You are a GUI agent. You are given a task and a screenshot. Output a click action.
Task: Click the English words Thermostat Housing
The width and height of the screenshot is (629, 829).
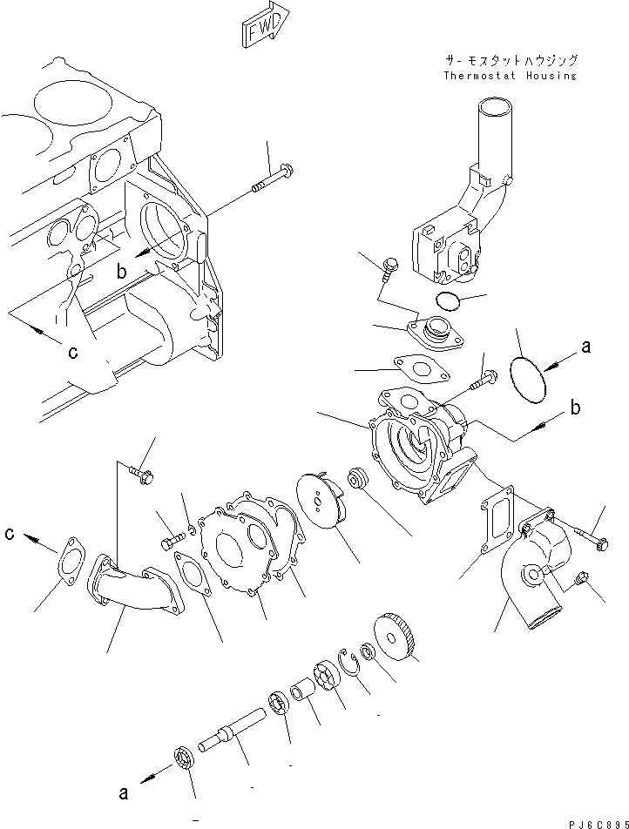point(510,76)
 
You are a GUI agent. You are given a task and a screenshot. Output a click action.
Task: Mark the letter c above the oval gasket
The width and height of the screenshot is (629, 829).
point(9,532)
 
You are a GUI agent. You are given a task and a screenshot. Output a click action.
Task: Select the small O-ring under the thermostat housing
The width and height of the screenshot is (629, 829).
point(448,301)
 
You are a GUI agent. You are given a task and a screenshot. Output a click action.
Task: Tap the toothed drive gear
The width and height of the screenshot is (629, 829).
point(397,636)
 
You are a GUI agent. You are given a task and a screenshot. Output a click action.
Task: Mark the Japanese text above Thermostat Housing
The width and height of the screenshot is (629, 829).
point(510,61)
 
